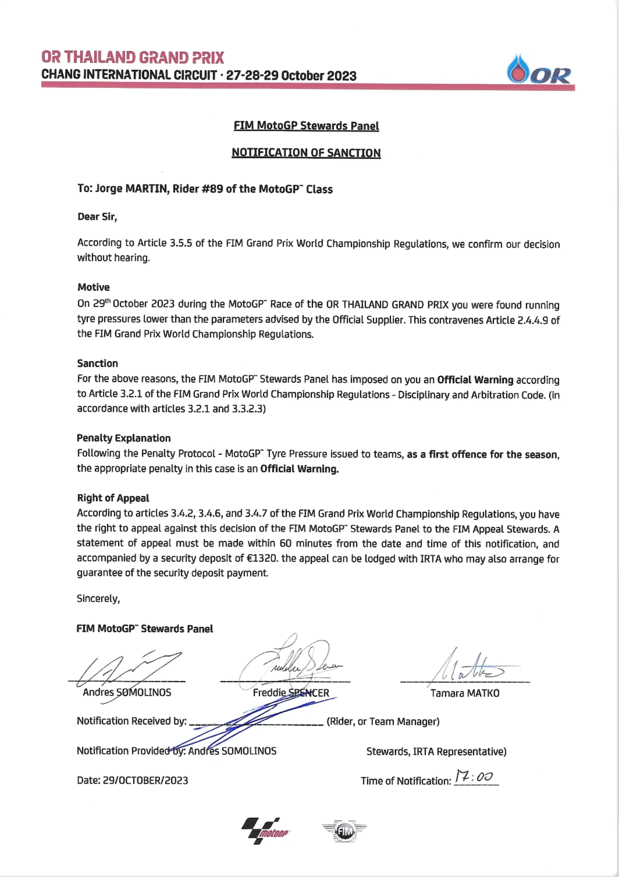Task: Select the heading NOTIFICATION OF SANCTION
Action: tap(306, 153)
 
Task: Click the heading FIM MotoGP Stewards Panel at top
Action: tap(306, 126)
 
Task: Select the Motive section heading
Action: tap(93, 287)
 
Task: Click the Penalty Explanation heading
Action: tap(123, 438)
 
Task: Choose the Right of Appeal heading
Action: tap(113, 498)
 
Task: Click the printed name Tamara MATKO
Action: tap(465, 693)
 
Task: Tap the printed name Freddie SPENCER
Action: tap(291, 693)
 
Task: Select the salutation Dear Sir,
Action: tap(97, 217)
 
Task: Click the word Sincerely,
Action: tap(98, 599)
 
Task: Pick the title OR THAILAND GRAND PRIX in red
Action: tap(132, 57)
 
